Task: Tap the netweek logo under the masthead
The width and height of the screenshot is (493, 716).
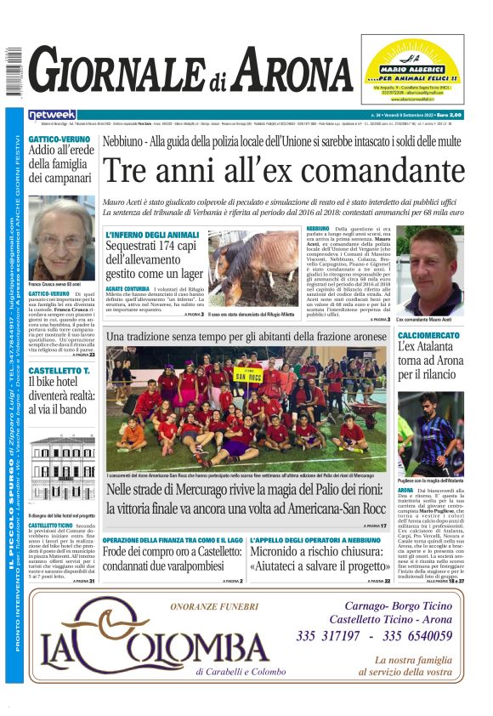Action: (x=53, y=114)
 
